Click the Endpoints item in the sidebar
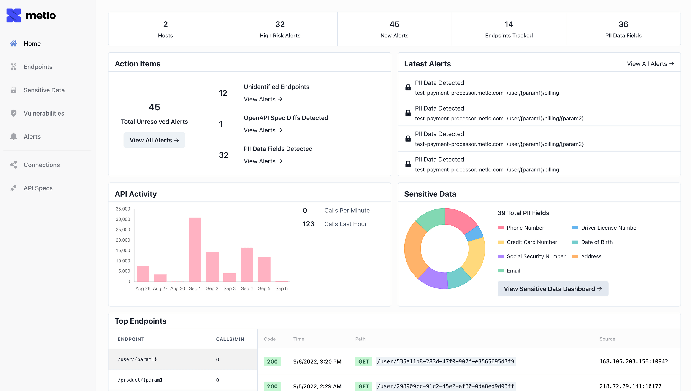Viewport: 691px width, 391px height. [x=38, y=67]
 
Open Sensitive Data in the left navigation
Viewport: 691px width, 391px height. [x=44, y=90]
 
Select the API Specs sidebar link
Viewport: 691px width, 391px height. [x=38, y=188]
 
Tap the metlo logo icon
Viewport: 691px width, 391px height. [x=13, y=15]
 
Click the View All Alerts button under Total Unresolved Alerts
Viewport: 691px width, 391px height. [x=154, y=140]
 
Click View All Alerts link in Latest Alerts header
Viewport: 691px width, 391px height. [x=650, y=64]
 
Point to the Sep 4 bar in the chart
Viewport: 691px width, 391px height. [x=247, y=264]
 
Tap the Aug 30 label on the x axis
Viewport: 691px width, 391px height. [x=178, y=288]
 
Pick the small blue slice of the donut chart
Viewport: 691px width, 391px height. [x=474, y=233]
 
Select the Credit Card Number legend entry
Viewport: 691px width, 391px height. [x=527, y=242]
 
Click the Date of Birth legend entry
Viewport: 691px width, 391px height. [x=592, y=242]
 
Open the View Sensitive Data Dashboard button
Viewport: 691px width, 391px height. [x=553, y=289]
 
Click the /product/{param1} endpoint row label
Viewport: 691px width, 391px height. [x=141, y=380]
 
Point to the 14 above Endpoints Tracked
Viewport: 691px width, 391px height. [x=509, y=24]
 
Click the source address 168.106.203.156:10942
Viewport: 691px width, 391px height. [x=634, y=361]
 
